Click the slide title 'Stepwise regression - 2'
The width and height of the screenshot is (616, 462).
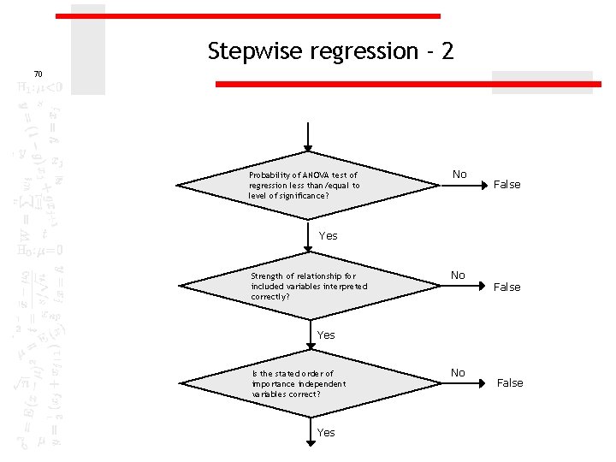pos(330,51)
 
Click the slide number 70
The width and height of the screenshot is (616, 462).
pos(38,74)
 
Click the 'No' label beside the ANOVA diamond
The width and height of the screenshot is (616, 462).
pos(459,175)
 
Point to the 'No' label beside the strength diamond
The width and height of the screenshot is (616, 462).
pos(459,275)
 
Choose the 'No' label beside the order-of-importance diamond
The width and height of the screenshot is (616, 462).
pos(458,373)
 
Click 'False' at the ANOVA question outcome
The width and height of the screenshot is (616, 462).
pos(507,185)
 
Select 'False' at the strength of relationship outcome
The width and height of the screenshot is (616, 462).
pos(507,287)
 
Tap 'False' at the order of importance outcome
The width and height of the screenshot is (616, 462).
pos(510,383)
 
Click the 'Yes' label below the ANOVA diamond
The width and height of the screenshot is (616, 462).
pos(328,236)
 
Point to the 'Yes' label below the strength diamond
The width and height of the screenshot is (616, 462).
pos(326,335)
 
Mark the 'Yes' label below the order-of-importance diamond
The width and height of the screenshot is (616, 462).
pos(326,433)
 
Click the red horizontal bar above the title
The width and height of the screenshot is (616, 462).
pos(248,16)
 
